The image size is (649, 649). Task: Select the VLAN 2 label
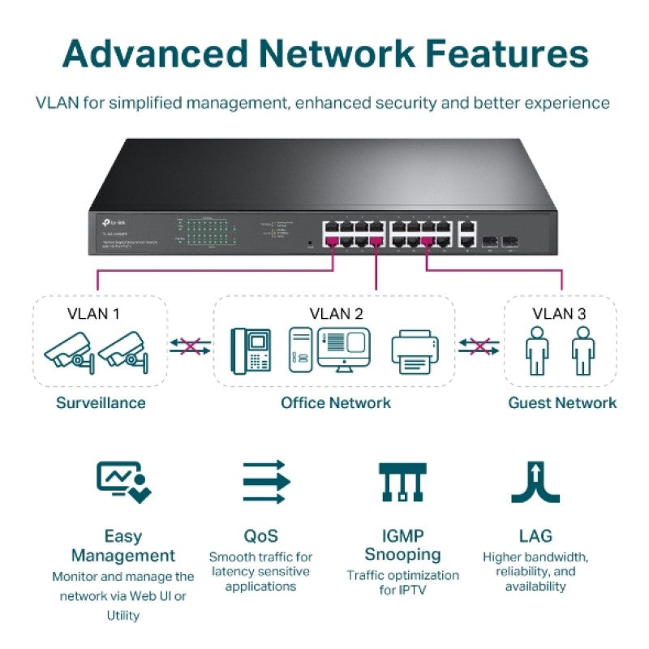[x=335, y=313]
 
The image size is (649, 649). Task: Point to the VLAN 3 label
[x=558, y=313]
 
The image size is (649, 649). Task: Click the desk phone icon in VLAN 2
[x=250, y=350]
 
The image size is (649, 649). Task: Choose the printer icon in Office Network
[x=415, y=350]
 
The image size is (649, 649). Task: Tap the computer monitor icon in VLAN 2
[x=343, y=348]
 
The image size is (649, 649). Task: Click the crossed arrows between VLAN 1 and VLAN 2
[x=189, y=347]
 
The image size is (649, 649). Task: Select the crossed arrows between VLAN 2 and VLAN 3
[x=479, y=347]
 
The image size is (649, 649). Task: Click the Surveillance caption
[x=101, y=402]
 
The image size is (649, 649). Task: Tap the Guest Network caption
[x=561, y=402]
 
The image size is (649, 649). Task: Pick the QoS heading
[x=260, y=536]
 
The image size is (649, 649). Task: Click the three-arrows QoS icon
[x=266, y=482]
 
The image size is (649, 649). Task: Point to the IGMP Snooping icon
[x=402, y=482]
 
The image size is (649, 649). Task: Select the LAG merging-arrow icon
[x=535, y=482]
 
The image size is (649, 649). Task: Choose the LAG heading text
[x=535, y=536]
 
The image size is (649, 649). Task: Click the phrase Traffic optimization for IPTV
[x=402, y=582]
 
